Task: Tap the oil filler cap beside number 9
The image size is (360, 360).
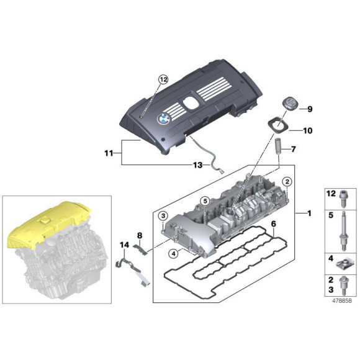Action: click(288, 106)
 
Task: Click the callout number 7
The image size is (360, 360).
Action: click(294, 150)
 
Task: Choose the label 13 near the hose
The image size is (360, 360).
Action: click(197, 165)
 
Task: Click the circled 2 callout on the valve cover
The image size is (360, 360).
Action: click(287, 181)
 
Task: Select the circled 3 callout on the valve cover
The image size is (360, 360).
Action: click(163, 215)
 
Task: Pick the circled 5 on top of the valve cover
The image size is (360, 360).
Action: click(204, 200)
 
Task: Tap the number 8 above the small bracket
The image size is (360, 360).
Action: click(140, 236)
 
